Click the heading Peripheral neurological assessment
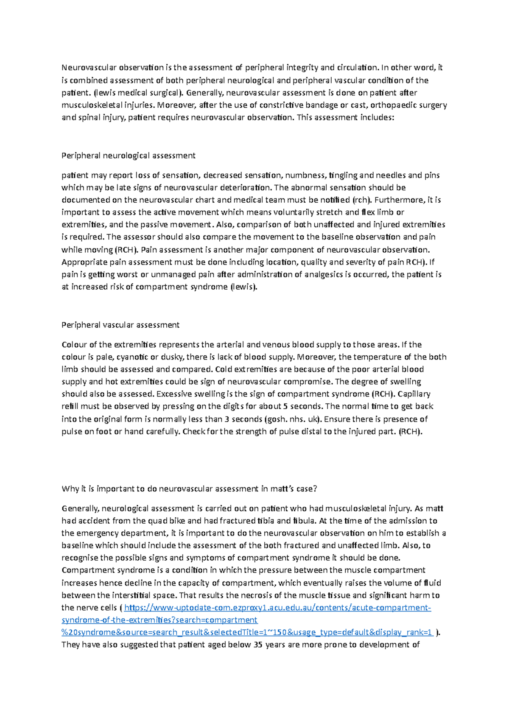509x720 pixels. coord(128,156)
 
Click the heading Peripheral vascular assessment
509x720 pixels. coord(120,325)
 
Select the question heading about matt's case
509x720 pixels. coord(189,488)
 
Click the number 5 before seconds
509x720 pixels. coord(285,406)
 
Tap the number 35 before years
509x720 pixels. coord(258,645)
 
